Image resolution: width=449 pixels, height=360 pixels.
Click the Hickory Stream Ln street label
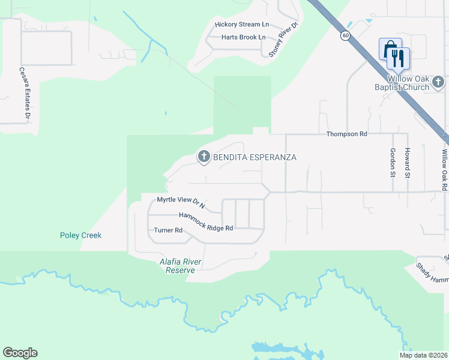[x=242, y=25]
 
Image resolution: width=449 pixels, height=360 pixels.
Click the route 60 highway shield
[x=346, y=36]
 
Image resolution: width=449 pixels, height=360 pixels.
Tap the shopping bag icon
[x=390, y=49]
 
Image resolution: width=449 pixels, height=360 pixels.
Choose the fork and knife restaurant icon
[x=398, y=58]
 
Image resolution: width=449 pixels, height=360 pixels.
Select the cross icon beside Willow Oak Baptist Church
[x=438, y=81]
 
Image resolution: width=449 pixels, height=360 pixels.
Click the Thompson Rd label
[x=346, y=134]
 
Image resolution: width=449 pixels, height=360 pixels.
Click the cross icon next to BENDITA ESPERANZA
[x=203, y=157]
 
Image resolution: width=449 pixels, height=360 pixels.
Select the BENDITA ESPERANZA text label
[x=255, y=157]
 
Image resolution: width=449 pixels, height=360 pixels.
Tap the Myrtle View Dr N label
[x=181, y=202]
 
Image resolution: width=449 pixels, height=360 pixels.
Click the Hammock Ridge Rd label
[x=205, y=221]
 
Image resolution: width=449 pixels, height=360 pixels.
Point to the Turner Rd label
[x=168, y=230]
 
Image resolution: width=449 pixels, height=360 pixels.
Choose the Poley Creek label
[x=80, y=235]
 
